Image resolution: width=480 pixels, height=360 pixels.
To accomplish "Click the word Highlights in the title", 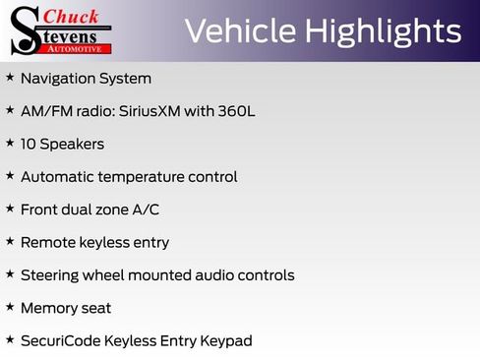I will (x=383, y=30).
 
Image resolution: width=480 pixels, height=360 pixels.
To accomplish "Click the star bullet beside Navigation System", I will (x=10, y=77).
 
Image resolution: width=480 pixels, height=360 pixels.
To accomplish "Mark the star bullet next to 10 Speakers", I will (x=10, y=143).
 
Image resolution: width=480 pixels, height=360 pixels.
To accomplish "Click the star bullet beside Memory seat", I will (x=10, y=307).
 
